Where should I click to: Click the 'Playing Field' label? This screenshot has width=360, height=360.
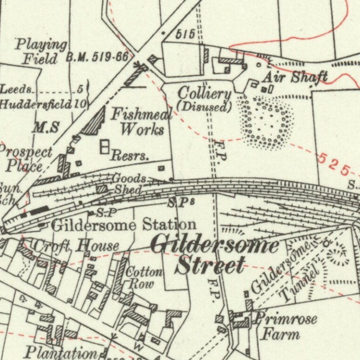40,51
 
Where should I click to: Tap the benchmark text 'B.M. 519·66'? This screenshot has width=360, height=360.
97,57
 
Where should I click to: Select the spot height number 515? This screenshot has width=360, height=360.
185,34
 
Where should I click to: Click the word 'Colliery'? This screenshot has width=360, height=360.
205,94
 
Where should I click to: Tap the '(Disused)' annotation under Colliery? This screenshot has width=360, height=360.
204,107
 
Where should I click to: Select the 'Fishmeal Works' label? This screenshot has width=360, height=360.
140,122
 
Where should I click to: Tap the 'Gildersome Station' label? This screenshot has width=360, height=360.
124,224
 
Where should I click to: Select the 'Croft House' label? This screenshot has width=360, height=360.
76,246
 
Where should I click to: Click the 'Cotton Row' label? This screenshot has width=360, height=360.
144,278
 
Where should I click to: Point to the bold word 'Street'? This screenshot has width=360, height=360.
211,265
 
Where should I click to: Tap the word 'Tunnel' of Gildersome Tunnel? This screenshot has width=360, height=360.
299,284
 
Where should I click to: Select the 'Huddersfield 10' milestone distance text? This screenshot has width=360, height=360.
43,104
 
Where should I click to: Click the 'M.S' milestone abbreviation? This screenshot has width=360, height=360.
45,127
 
